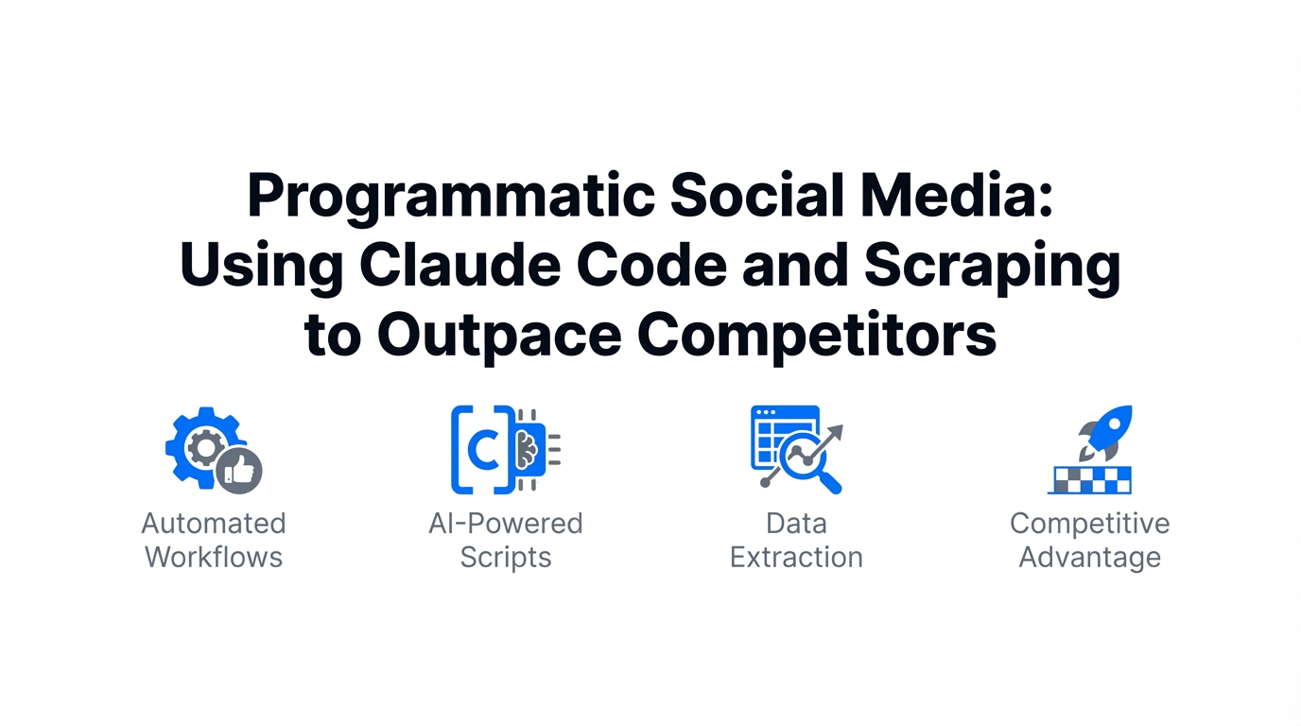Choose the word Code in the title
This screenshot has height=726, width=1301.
coord(651,266)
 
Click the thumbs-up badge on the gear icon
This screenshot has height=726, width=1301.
coord(238,471)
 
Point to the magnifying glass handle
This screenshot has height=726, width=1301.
coord(829,482)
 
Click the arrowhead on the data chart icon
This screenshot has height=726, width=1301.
coord(835,433)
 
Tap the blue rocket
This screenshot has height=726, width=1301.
coord(1106,433)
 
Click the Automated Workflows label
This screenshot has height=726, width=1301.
coord(214,540)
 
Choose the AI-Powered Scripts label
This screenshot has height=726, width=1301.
coord(505,541)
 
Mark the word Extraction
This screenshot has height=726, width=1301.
coord(796,558)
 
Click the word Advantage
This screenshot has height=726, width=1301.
coord(1090,559)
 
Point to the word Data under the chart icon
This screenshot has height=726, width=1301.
coord(796,524)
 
